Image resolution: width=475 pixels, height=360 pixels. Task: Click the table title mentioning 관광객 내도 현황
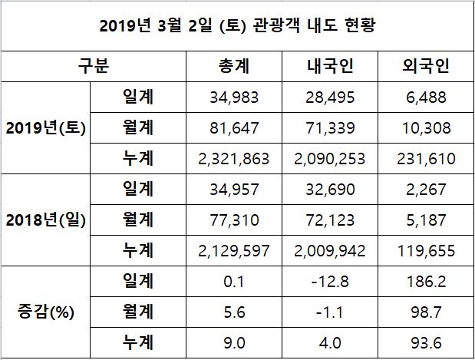pos(238,27)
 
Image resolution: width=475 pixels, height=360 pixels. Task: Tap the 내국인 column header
pos(330,67)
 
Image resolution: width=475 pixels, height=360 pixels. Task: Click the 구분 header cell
pos(94,67)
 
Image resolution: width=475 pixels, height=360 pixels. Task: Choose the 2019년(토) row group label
pos(45,128)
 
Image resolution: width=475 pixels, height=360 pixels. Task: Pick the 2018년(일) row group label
pos(45,220)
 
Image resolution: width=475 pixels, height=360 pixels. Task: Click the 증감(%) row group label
pos(45,312)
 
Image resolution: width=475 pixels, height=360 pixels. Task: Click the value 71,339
pos(330,128)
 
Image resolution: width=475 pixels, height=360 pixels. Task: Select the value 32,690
pos(330,190)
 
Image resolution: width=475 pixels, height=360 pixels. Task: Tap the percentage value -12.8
pos(330,282)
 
